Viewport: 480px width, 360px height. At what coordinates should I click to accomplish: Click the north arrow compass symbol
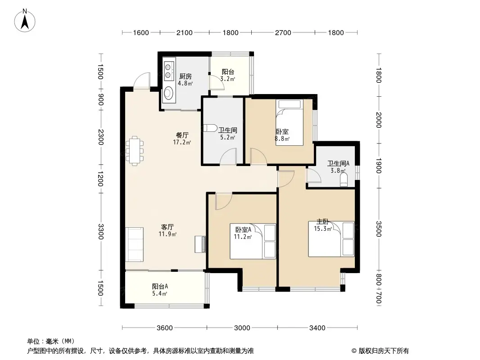pos(25,21)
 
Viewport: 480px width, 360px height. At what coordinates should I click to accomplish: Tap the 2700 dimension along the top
pos(283,33)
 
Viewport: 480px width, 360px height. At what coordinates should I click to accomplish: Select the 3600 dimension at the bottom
pos(165,328)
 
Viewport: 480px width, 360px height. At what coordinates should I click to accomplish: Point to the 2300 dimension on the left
pos(101,137)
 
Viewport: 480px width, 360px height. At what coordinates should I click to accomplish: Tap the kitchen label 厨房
pos(186,76)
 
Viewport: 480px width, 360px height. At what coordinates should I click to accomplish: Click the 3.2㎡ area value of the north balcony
pos(228,79)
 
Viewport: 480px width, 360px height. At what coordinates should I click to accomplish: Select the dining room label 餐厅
pos(182,135)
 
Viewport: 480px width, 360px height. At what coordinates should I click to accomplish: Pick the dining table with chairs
pos(135,151)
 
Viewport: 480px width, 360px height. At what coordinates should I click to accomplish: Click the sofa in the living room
pos(134,244)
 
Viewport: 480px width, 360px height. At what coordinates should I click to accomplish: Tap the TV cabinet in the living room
pos(200,244)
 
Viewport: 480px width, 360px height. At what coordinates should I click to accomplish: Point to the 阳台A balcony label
pos(160,287)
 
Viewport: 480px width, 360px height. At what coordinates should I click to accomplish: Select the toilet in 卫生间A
pos(344,180)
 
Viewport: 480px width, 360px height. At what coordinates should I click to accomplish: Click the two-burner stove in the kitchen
pos(168,71)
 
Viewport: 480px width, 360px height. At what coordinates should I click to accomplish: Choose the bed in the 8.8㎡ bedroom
pos(289,122)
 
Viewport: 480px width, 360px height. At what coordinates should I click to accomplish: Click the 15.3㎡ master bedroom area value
pos(323,229)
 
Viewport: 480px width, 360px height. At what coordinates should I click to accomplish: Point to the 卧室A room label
pos(243,229)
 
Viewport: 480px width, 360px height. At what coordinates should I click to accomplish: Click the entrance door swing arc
pos(142,80)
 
